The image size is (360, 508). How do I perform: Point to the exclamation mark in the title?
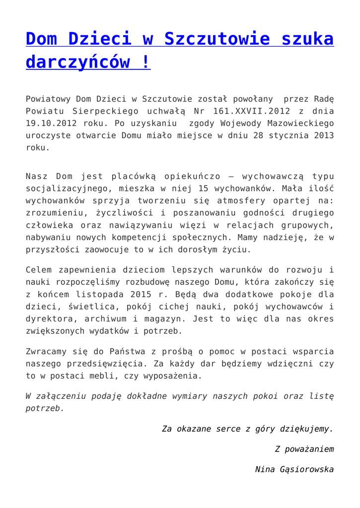click(x=146, y=63)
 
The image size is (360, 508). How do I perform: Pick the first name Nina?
click(x=264, y=469)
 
